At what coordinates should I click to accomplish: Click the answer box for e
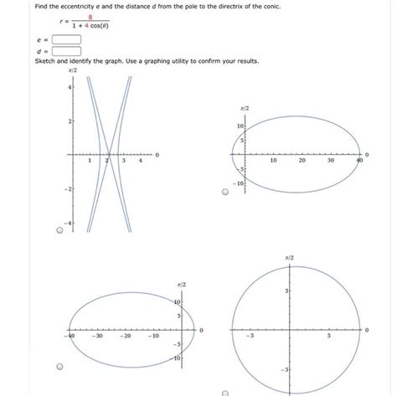(65, 38)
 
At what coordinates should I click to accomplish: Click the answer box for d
(65, 50)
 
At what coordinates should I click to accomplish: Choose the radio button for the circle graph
(225, 391)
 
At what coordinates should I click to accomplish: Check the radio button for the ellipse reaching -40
(59, 367)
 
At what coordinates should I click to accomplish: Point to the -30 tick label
(98, 337)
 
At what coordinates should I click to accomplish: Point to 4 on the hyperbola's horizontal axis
(140, 162)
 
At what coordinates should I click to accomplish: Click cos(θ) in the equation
(98, 25)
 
